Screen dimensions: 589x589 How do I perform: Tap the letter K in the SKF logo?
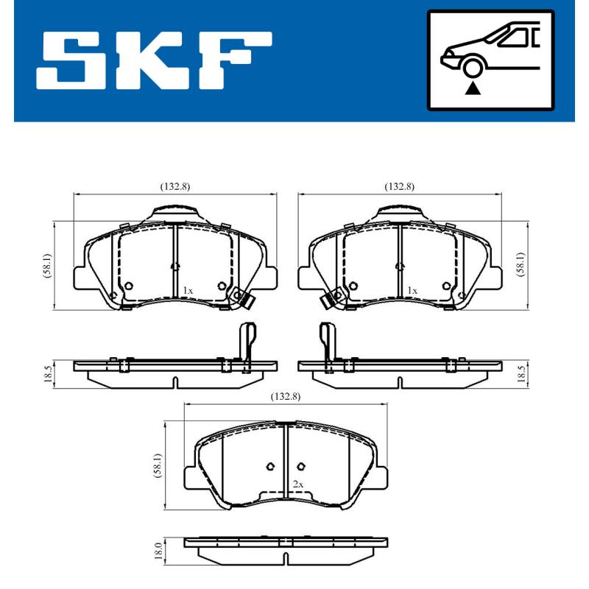157,58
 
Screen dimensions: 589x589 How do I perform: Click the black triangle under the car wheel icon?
472,88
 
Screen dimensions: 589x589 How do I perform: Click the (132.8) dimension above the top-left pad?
175,186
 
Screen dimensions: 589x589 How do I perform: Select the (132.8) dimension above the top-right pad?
399,186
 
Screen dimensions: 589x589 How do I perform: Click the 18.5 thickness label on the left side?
48,373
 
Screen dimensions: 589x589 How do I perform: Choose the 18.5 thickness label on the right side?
521,373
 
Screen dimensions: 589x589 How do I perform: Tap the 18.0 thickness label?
157,550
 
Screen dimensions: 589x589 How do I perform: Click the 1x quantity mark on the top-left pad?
188,292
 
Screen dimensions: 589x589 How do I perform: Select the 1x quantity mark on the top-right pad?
412,292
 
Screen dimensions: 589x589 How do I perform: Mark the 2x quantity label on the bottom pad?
297,484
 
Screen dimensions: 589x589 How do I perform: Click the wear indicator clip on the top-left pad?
241,298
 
